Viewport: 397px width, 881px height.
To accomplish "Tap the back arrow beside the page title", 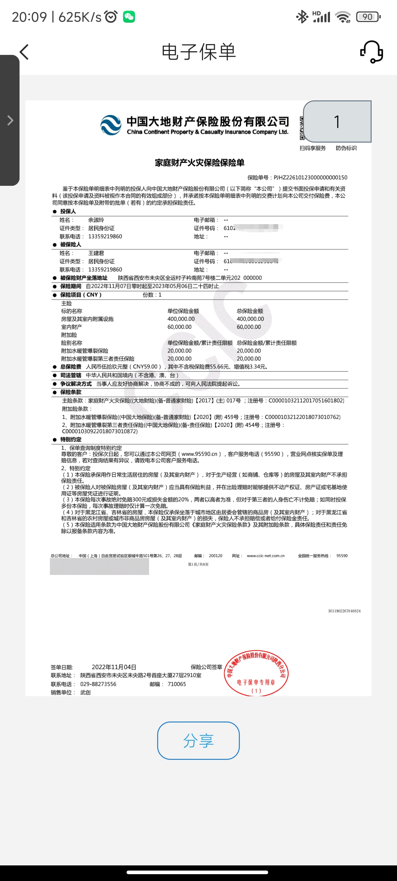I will (24, 52).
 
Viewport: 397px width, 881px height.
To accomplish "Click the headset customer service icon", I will (372, 52).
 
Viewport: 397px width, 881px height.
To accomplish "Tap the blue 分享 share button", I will (198, 740).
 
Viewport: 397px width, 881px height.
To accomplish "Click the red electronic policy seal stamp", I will (256, 673).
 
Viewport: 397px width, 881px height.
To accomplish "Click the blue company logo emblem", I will (111, 125).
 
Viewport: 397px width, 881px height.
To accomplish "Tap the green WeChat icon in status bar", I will (129, 17).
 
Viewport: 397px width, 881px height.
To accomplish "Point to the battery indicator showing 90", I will (368, 17).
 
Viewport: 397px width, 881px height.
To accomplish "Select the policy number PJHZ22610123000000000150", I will (310, 177).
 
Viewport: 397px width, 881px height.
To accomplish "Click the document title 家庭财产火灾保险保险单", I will (199, 163).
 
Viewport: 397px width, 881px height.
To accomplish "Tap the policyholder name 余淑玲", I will (96, 220).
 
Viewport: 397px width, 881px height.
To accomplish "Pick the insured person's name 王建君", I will (96, 253).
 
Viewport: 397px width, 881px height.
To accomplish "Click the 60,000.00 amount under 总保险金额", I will (249, 327).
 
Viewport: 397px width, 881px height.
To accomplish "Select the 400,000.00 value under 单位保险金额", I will (181, 319).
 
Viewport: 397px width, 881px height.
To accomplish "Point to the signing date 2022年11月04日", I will (114, 667).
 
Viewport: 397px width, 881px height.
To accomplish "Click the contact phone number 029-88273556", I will (98, 684).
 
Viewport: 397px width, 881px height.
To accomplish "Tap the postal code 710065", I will (177, 684).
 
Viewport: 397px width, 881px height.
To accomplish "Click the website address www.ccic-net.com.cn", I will (266, 556).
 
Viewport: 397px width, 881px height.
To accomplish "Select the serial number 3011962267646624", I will (344, 611).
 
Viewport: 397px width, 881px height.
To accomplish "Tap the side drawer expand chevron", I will (10, 120).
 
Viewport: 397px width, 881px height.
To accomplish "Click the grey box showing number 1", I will (337, 122).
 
